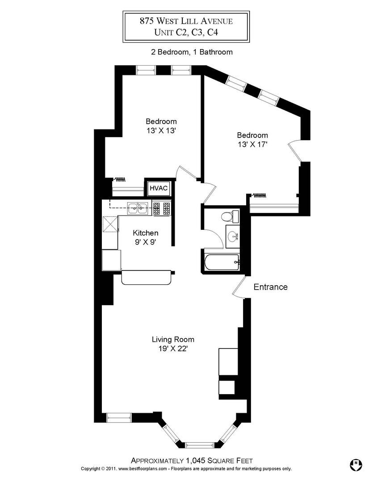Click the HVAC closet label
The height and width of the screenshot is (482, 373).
tap(159, 188)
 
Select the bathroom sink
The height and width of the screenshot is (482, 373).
tap(233, 236)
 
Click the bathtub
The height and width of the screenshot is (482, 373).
tap(222, 263)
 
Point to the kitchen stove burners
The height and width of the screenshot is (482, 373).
tap(162, 208)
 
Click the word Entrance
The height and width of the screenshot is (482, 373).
tap(271, 287)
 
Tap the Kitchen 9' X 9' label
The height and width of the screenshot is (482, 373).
tap(146, 237)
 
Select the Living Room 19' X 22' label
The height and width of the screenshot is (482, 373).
tap(173, 344)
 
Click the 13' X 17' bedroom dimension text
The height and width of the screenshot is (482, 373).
tap(252, 145)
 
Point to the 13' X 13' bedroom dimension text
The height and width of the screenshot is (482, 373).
tap(161, 131)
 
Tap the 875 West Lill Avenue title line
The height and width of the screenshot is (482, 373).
tap(186, 21)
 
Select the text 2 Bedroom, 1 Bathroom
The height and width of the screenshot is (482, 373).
tap(192, 52)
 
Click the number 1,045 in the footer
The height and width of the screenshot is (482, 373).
tap(195, 461)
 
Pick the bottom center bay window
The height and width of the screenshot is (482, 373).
tap(200, 445)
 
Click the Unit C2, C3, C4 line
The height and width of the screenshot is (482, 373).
tap(186, 32)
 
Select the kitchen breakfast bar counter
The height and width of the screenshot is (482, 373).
tap(147, 277)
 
